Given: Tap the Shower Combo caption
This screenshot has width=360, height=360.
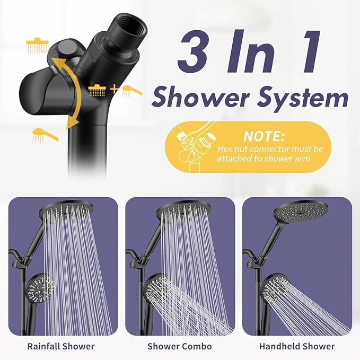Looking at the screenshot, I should click(x=180, y=346).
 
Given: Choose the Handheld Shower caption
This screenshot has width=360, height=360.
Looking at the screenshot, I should click(x=297, y=346).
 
